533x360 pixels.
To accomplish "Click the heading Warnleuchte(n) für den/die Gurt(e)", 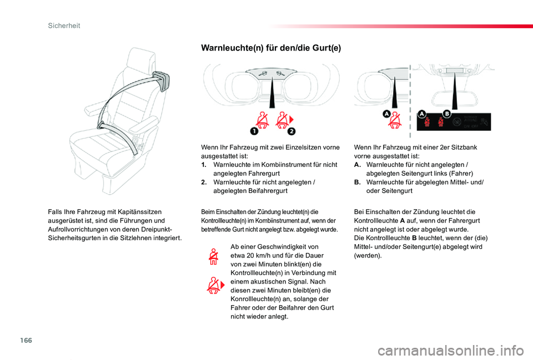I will pos(270,48).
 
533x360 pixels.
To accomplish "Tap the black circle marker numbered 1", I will pos(253,131).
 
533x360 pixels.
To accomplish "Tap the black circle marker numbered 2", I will pos(291,131).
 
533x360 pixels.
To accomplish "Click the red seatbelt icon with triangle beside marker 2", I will pos(284,120).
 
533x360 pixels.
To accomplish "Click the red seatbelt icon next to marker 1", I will pos(262,120).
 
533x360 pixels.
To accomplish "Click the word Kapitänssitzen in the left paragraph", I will pos(139,212).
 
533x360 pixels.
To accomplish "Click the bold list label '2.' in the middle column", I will pos(204,182).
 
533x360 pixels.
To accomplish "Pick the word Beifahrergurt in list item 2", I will pos(263,191).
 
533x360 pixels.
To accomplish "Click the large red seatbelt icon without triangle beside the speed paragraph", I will pos(213,258).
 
